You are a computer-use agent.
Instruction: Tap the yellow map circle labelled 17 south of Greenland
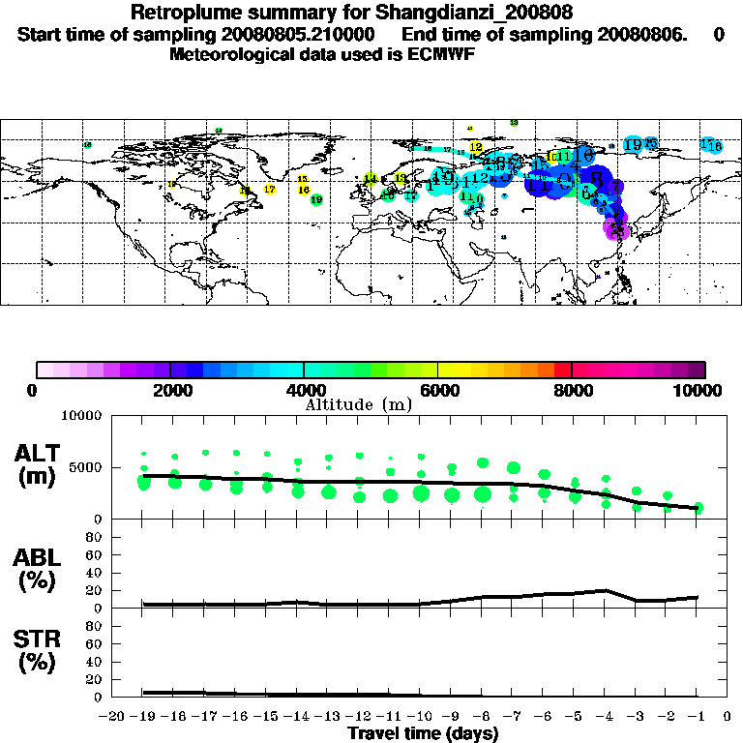point(270,190)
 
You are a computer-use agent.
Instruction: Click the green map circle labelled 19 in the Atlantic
point(316,199)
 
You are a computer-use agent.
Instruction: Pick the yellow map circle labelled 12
point(475,147)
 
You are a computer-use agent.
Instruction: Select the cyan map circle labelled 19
point(633,145)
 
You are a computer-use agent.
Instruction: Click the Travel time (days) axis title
point(423,733)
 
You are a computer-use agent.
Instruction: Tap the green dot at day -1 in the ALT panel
point(697,508)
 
